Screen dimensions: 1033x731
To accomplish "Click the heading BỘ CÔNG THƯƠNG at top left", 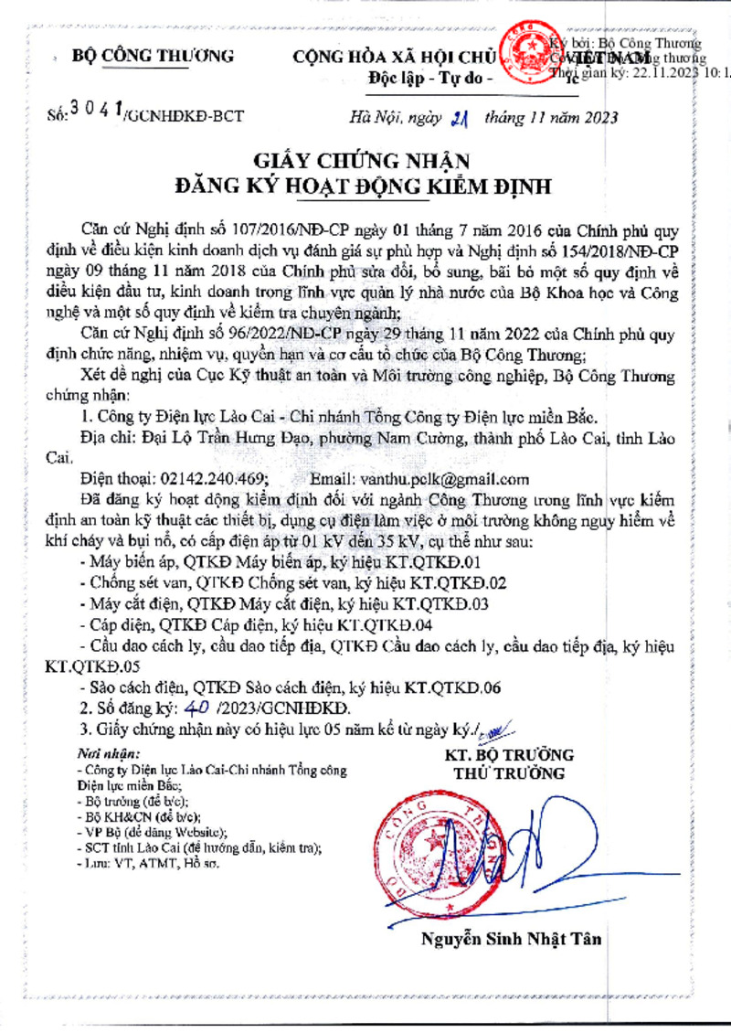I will pyautogui.click(x=153, y=56).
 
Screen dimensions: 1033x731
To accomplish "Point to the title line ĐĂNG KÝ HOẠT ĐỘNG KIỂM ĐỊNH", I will pyautogui.click(x=364, y=188).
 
